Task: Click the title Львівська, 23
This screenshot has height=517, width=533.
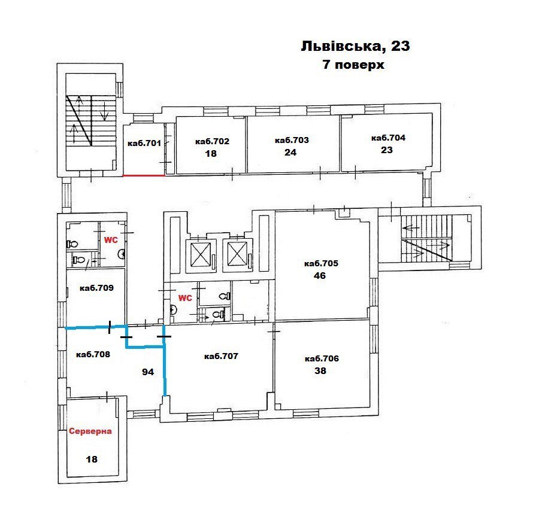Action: coord(355,46)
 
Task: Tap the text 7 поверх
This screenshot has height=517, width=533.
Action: coord(353,64)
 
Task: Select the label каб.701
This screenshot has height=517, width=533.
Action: coord(144,143)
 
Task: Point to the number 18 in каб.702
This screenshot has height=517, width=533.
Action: coord(211,154)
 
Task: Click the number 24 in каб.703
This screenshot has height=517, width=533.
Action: coord(290,152)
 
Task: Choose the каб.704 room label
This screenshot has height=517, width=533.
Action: coord(388,138)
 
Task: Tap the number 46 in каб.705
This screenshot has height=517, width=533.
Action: coord(320,275)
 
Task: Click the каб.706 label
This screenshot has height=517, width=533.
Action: coord(322,358)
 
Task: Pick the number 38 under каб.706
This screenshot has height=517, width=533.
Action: coord(320,370)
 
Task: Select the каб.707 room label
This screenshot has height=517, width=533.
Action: coord(221,356)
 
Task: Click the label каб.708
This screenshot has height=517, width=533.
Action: coord(93,354)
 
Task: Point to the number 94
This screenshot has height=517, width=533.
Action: coord(148,372)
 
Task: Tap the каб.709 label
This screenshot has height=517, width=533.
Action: coord(96,288)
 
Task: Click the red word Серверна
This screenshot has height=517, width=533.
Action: coord(90,431)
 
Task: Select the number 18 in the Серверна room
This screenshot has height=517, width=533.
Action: coord(92,459)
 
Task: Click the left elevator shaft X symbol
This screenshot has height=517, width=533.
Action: coord(201,254)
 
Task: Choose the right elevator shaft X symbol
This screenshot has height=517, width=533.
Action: coord(237,253)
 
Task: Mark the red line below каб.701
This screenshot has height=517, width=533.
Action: coord(144,175)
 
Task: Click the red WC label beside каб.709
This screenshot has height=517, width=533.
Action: coord(111,240)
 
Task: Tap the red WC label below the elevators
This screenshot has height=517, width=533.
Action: coord(185,298)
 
